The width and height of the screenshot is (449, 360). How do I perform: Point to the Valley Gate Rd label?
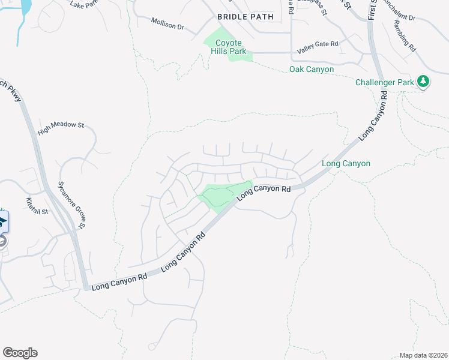pyautogui.click(x=318, y=44)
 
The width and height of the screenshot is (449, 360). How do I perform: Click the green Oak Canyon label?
pyautogui.click(x=312, y=70)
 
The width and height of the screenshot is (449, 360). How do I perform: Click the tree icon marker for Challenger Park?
pyautogui.click(x=423, y=81)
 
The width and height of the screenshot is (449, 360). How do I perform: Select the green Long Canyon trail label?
pyautogui.click(x=346, y=163)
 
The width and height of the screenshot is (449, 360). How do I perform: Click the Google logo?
pyautogui.click(x=20, y=353)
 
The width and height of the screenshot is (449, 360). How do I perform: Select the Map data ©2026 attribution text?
pyautogui.click(x=423, y=355)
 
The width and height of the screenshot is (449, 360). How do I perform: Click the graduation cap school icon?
pyautogui.click(x=2, y=221)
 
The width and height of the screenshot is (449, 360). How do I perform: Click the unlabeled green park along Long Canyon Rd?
pyautogui.click(x=222, y=195)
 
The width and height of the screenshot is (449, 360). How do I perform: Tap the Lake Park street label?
pyautogui.click(x=84, y=5)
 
